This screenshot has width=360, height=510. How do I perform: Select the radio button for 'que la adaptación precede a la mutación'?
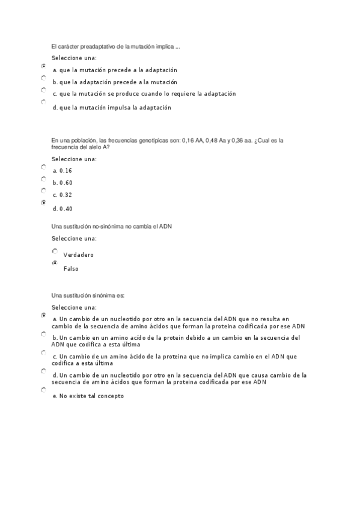click(43, 78)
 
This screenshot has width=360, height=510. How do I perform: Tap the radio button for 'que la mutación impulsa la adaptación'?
click(43, 102)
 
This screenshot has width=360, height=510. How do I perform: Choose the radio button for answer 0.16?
click(43, 167)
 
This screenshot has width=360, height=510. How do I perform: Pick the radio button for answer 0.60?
click(43, 179)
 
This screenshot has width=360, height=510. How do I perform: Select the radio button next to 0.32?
click(43, 190)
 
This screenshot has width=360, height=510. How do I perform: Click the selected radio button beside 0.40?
click(43, 203)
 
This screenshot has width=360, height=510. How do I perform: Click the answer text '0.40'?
click(66, 209)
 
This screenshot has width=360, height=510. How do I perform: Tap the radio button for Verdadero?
click(55, 251)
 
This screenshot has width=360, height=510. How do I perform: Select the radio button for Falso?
click(55, 263)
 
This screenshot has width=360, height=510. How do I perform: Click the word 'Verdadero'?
click(79, 255)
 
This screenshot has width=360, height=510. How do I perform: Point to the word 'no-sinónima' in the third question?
click(113, 226)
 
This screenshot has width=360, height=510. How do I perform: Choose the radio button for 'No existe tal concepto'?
click(43, 390)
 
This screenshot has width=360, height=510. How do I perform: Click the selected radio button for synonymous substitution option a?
click(43, 315)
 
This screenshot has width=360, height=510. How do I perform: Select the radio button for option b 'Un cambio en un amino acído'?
click(43, 333)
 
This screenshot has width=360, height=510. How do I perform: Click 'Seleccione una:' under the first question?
click(74, 58)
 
